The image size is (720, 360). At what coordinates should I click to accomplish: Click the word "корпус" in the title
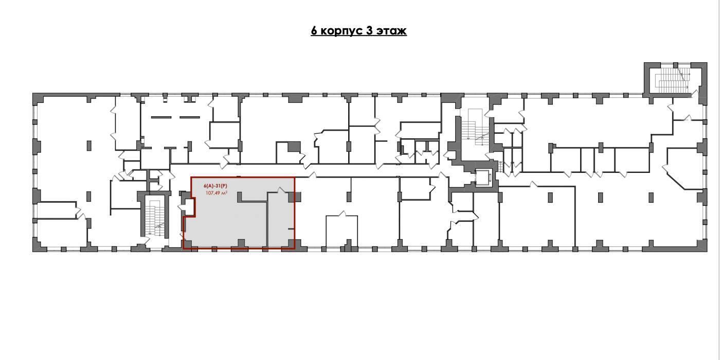pos(340,31)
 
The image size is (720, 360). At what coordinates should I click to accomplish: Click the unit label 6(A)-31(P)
pos(215,186)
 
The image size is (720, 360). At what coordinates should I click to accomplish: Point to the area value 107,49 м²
pos(217,193)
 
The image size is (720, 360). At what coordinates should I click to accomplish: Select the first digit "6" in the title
pos(314,31)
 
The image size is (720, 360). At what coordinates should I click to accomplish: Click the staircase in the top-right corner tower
pos(673,80)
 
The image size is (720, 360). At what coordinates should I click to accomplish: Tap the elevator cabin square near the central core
pos(484,177)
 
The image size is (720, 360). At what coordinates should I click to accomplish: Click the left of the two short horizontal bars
pos(161,117)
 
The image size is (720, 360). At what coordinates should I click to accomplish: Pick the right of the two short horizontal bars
pos(190,117)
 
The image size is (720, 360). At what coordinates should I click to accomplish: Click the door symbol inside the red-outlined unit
pos(282,190)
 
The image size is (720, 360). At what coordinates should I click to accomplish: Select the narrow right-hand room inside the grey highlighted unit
pos(281,220)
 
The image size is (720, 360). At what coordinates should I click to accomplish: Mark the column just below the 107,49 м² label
pos(240,196)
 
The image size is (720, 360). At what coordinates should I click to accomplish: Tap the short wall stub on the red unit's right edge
pos(291,228)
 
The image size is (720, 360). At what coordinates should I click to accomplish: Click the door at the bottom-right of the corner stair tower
pos(695,94)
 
